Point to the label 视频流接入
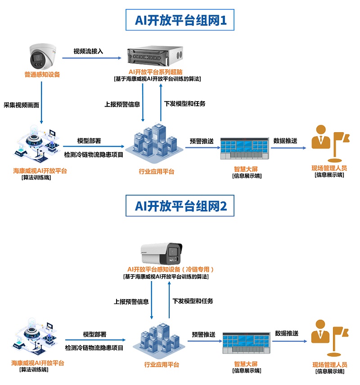tap(88, 51)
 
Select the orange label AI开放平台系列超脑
tap(157, 72)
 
